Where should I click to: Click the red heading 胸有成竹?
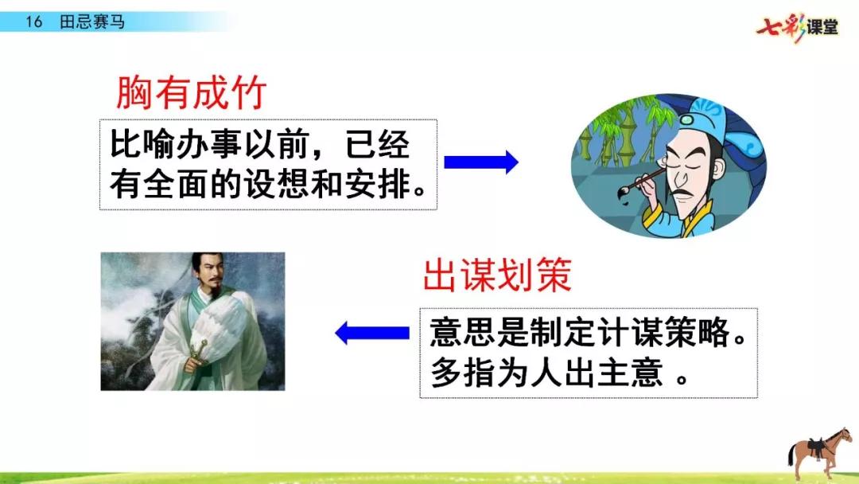[191, 92]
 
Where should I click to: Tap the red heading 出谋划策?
[497, 275]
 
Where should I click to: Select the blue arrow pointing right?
[481, 162]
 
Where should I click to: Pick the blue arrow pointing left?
[372, 333]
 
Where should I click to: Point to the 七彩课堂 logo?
[797, 27]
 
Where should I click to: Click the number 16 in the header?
[33, 22]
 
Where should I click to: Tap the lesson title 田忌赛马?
[92, 22]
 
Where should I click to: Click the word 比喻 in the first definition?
[143, 144]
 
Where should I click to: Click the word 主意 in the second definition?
[630, 373]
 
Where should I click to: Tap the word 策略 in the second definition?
[698, 332]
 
